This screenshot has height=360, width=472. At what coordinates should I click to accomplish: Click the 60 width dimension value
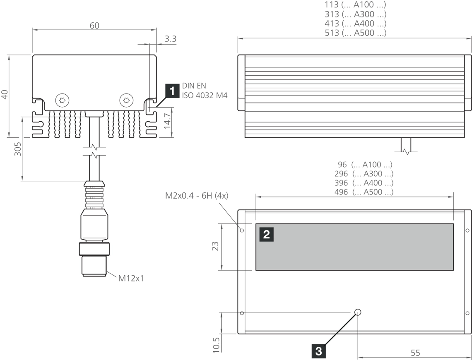[x=94, y=26]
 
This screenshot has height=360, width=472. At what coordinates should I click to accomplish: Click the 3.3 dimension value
[x=170, y=39]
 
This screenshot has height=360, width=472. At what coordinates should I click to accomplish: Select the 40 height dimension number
[x=5, y=94]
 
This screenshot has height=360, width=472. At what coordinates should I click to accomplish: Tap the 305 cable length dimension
[x=18, y=148]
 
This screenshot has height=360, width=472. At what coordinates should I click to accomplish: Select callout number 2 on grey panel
[x=266, y=235]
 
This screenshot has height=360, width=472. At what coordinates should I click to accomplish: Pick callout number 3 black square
[x=318, y=351]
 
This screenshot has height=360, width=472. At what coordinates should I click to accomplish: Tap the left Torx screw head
[x=63, y=100]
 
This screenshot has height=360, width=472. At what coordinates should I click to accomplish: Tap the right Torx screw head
[x=127, y=100]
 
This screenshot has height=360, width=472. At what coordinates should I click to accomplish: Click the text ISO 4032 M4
[x=205, y=96]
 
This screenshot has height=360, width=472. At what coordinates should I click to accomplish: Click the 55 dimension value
[x=415, y=353]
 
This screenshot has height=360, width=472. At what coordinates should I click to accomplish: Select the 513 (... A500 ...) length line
[x=356, y=33]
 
